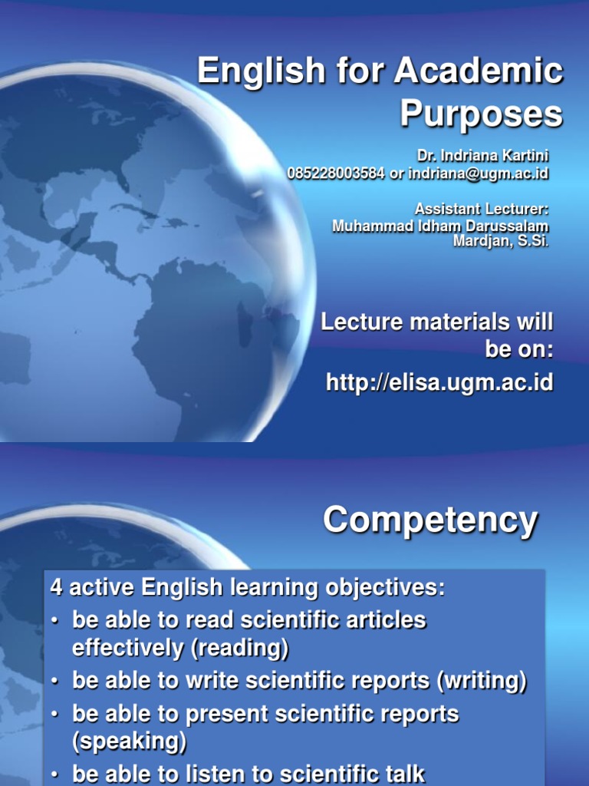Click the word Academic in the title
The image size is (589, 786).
479,72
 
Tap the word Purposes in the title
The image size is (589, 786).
481,114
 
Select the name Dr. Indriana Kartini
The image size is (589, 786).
483,157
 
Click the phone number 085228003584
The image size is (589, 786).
336,173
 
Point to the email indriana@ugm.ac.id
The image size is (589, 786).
479,173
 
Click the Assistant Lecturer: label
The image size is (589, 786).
482,209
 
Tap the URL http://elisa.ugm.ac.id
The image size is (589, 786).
439,381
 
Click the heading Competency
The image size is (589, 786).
430,520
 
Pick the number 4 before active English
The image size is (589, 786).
56,588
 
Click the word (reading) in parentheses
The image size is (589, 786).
242,649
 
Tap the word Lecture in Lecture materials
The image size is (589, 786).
360,322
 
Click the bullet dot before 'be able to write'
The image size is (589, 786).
55,682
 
